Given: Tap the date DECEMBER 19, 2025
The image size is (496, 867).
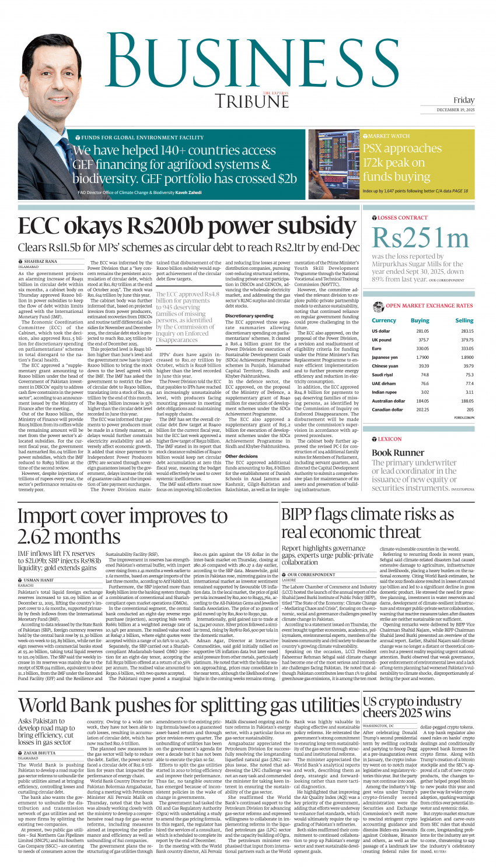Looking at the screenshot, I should [x=455, y=110].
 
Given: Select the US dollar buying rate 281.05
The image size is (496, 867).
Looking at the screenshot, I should [x=422, y=331].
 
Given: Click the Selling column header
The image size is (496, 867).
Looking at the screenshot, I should [x=464, y=320].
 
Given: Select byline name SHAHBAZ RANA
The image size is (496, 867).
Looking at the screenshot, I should [x=40, y=262].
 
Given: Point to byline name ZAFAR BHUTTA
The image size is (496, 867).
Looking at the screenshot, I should [x=39, y=753].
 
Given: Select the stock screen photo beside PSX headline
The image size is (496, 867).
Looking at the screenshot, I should [x=334, y=165].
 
